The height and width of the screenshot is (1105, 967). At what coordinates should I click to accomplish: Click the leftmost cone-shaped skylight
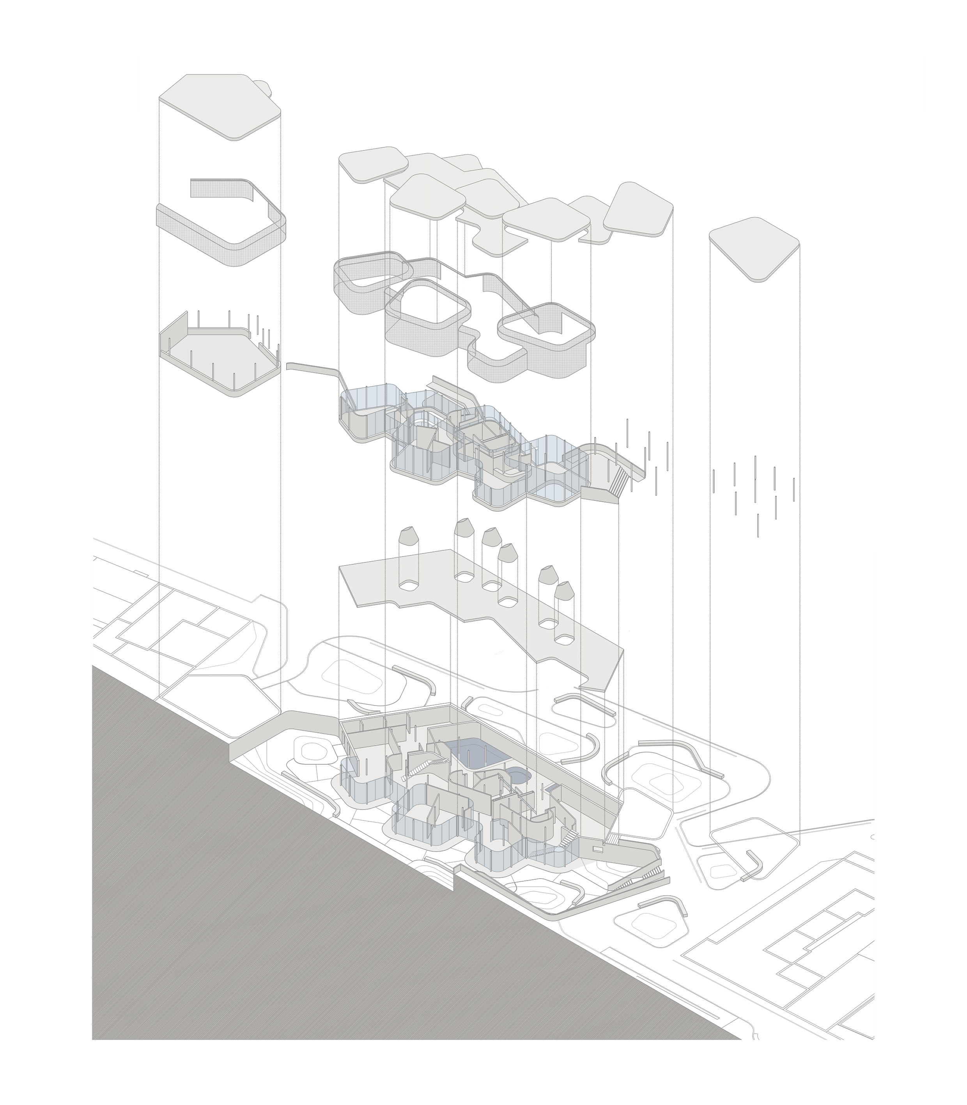[409, 539]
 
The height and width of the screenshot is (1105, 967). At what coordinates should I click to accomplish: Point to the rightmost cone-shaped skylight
[563, 592]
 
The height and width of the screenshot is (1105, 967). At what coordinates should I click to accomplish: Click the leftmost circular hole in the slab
[409, 585]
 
